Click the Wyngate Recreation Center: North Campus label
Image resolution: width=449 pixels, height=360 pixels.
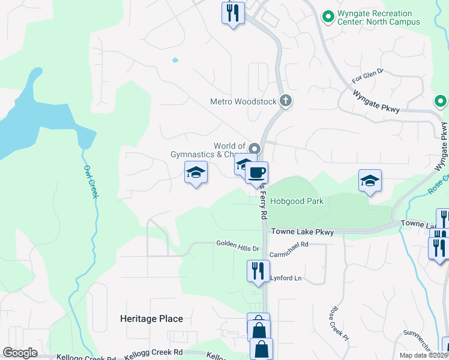coord(375,17)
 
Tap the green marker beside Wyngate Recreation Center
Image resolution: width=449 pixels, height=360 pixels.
coord(328,17)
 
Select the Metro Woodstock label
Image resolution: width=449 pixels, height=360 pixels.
coord(243,101)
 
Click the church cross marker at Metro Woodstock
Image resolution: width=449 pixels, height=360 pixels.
coord(286,101)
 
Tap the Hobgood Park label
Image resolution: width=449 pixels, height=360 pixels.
coord(297,201)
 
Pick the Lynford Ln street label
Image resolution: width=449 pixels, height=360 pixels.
coord(285,278)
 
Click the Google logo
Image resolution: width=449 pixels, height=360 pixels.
coord(20,353)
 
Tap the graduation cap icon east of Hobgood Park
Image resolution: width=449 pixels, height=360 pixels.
coord(370,180)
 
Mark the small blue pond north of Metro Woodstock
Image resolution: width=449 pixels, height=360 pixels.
coord(175,60)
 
